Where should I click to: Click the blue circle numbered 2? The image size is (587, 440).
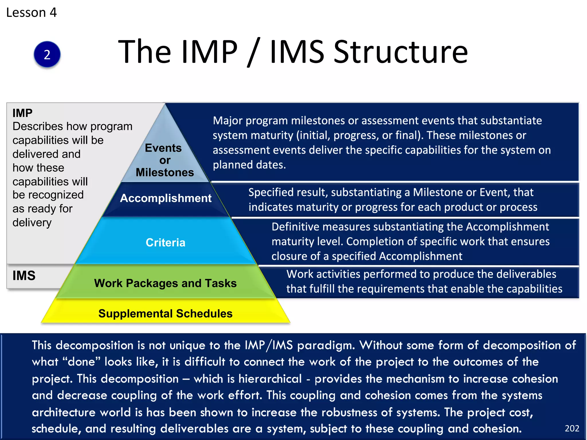pos(47,54)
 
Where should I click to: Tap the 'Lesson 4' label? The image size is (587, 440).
pos(32,13)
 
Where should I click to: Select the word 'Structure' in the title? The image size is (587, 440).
pos(400,52)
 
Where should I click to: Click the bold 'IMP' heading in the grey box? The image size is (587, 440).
pos(22,113)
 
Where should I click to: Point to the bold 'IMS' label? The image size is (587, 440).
pos(24,276)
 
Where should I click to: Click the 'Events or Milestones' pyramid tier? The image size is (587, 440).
pos(165,160)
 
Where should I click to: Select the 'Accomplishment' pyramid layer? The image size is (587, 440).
pos(166,198)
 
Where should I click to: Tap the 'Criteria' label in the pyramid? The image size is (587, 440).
pos(165,243)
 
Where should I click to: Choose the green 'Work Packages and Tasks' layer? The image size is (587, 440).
pos(165,283)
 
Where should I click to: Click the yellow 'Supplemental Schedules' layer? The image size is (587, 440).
pos(165,314)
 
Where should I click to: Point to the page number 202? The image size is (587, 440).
pos(572,428)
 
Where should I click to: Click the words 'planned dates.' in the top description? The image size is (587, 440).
pos(249,165)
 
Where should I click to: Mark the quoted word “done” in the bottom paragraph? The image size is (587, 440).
pos(81,362)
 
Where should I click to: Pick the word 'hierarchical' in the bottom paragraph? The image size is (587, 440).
pos(270,379)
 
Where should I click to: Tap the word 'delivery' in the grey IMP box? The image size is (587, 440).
pos(32,223)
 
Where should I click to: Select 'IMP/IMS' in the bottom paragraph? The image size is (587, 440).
pos(269,345)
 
